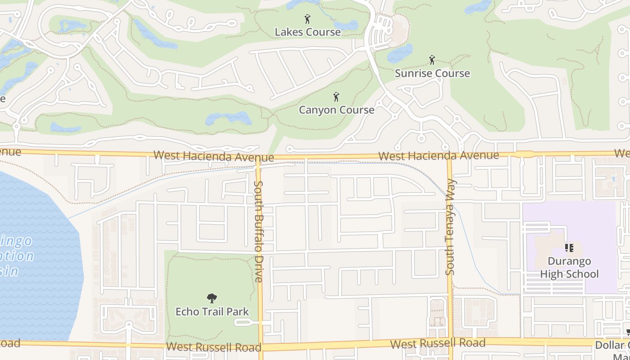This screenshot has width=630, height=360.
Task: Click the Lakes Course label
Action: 308,32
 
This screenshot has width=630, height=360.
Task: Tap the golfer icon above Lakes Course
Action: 307,19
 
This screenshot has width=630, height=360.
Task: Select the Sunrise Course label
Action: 432,73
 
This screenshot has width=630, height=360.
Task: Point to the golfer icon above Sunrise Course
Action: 432,60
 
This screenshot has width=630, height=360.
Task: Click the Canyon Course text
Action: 337,110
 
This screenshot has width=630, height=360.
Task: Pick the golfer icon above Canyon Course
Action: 336,97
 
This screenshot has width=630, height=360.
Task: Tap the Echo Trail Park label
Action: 212,311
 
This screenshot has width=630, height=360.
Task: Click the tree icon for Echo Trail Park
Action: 211,298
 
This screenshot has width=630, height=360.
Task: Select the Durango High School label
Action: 569,267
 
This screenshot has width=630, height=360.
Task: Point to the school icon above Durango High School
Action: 569,248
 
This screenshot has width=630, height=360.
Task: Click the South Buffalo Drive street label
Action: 259,231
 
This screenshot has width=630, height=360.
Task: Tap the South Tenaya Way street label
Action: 450,227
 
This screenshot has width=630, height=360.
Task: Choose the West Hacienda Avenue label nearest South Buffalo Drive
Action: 213,156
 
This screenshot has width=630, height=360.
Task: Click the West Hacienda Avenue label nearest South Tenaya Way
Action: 438,156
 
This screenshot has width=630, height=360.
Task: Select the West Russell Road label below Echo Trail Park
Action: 213,347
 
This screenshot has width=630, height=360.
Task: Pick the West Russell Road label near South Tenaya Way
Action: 437,343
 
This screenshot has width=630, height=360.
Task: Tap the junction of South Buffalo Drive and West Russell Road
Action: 261,347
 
